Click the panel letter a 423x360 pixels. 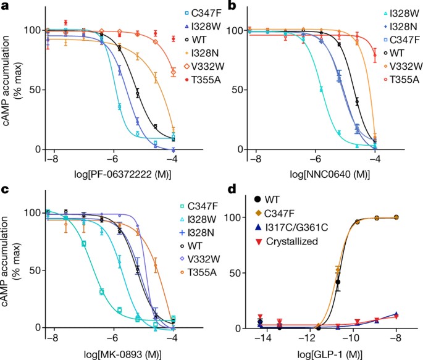pyautogui.click(x=4, y=6)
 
